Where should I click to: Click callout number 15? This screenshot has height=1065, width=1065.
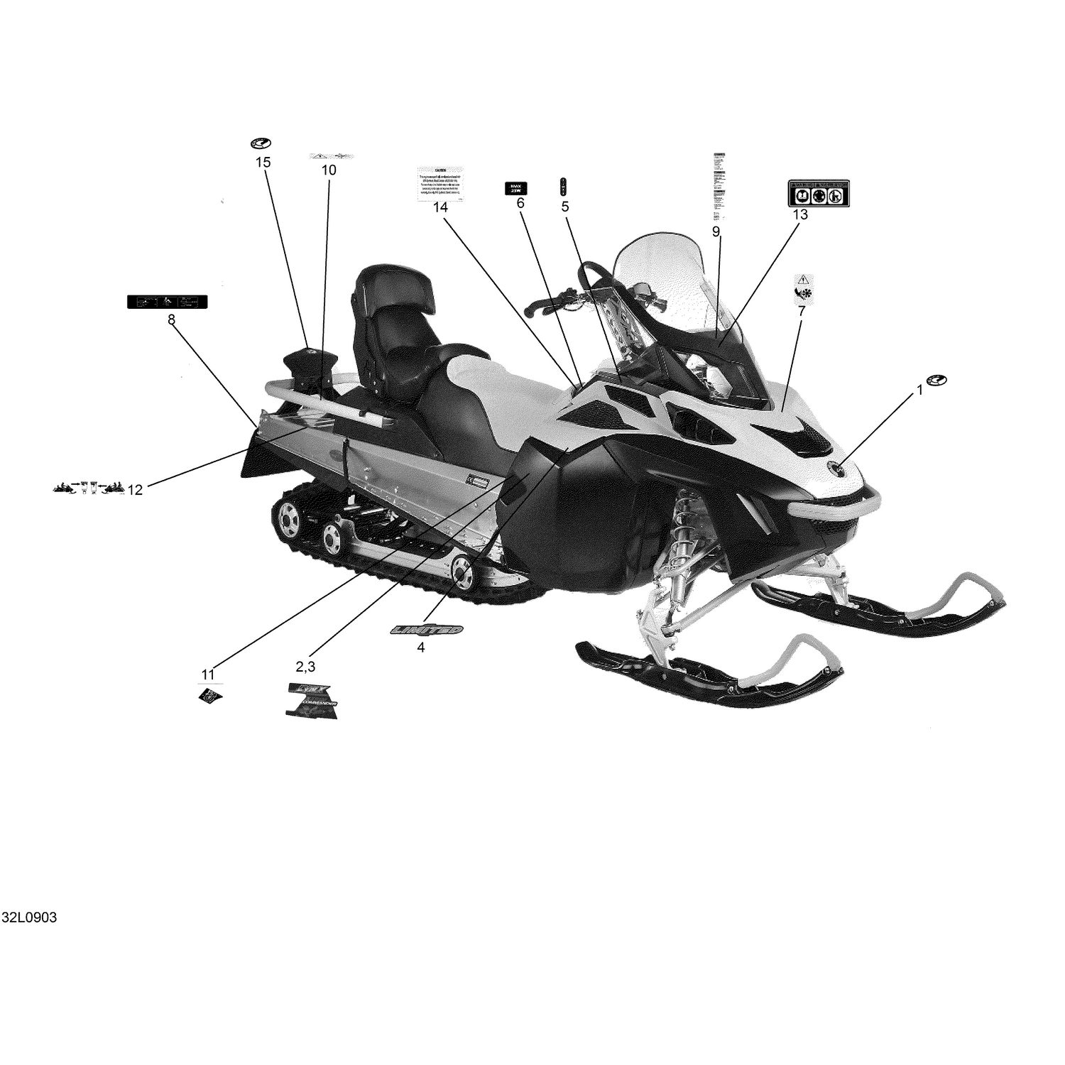(263, 163)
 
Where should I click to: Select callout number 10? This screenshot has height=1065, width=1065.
(329, 170)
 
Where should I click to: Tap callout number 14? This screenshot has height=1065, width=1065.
(441, 207)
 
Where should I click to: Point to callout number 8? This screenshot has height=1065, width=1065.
(171, 319)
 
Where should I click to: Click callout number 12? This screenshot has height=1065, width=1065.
(135, 489)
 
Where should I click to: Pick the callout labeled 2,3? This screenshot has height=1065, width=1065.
(305, 666)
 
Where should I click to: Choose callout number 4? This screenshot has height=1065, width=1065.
(421, 647)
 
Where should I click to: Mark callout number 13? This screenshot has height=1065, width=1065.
(800, 214)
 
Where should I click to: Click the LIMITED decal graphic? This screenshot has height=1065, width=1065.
(427, 630)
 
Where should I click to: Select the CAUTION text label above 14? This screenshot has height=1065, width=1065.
(441, 183)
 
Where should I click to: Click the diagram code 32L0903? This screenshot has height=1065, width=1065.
(29, 917)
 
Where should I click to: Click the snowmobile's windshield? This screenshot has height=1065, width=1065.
(667, 284)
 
